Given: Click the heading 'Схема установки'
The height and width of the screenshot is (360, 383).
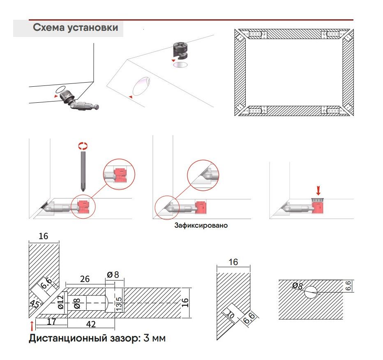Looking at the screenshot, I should tap(75, 28).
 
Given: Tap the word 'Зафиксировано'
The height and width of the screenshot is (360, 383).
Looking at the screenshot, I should tap(201, 226).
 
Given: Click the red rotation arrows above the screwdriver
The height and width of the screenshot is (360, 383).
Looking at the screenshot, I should tap(83, 145).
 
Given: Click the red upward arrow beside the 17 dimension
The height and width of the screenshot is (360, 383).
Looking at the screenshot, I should tap(32, 326).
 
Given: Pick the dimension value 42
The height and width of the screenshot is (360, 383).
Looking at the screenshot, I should tap(91, 324).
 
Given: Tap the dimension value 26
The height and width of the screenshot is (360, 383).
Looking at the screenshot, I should tap(85, 279).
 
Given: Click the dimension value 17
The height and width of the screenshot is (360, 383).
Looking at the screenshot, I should tap(51, 322).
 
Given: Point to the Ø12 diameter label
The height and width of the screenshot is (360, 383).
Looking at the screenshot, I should tap(60, 302).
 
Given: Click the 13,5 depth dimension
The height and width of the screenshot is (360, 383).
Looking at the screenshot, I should tap(119, 304).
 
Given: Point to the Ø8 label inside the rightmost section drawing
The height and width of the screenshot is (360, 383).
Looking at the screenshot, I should tap(297, 286).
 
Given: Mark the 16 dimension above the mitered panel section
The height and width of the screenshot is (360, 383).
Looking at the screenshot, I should tap(233, 262).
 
